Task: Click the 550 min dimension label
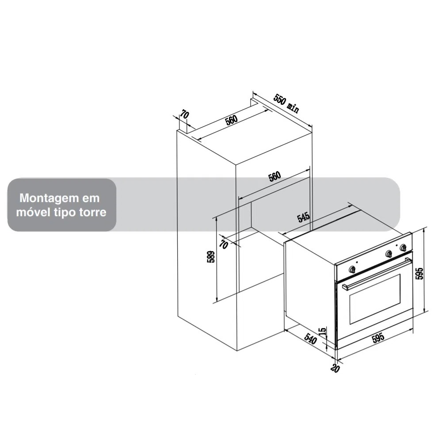click(x=286, y=103)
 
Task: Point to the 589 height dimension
click(x=210, y=257)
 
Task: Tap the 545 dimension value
click(x=304, y=217)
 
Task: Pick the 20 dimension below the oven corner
click(x=335, y=368)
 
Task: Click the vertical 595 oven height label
click(x=420, y=273)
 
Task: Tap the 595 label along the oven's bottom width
click(x=378, y=338)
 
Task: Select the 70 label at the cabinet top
click(x=184, y=115)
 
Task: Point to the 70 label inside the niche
click(x=224, y=244)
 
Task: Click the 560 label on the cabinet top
click(x=231, y=120)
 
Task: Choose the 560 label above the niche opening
click(x=274, y=176)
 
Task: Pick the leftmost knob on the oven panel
click(x=352, y=270)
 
